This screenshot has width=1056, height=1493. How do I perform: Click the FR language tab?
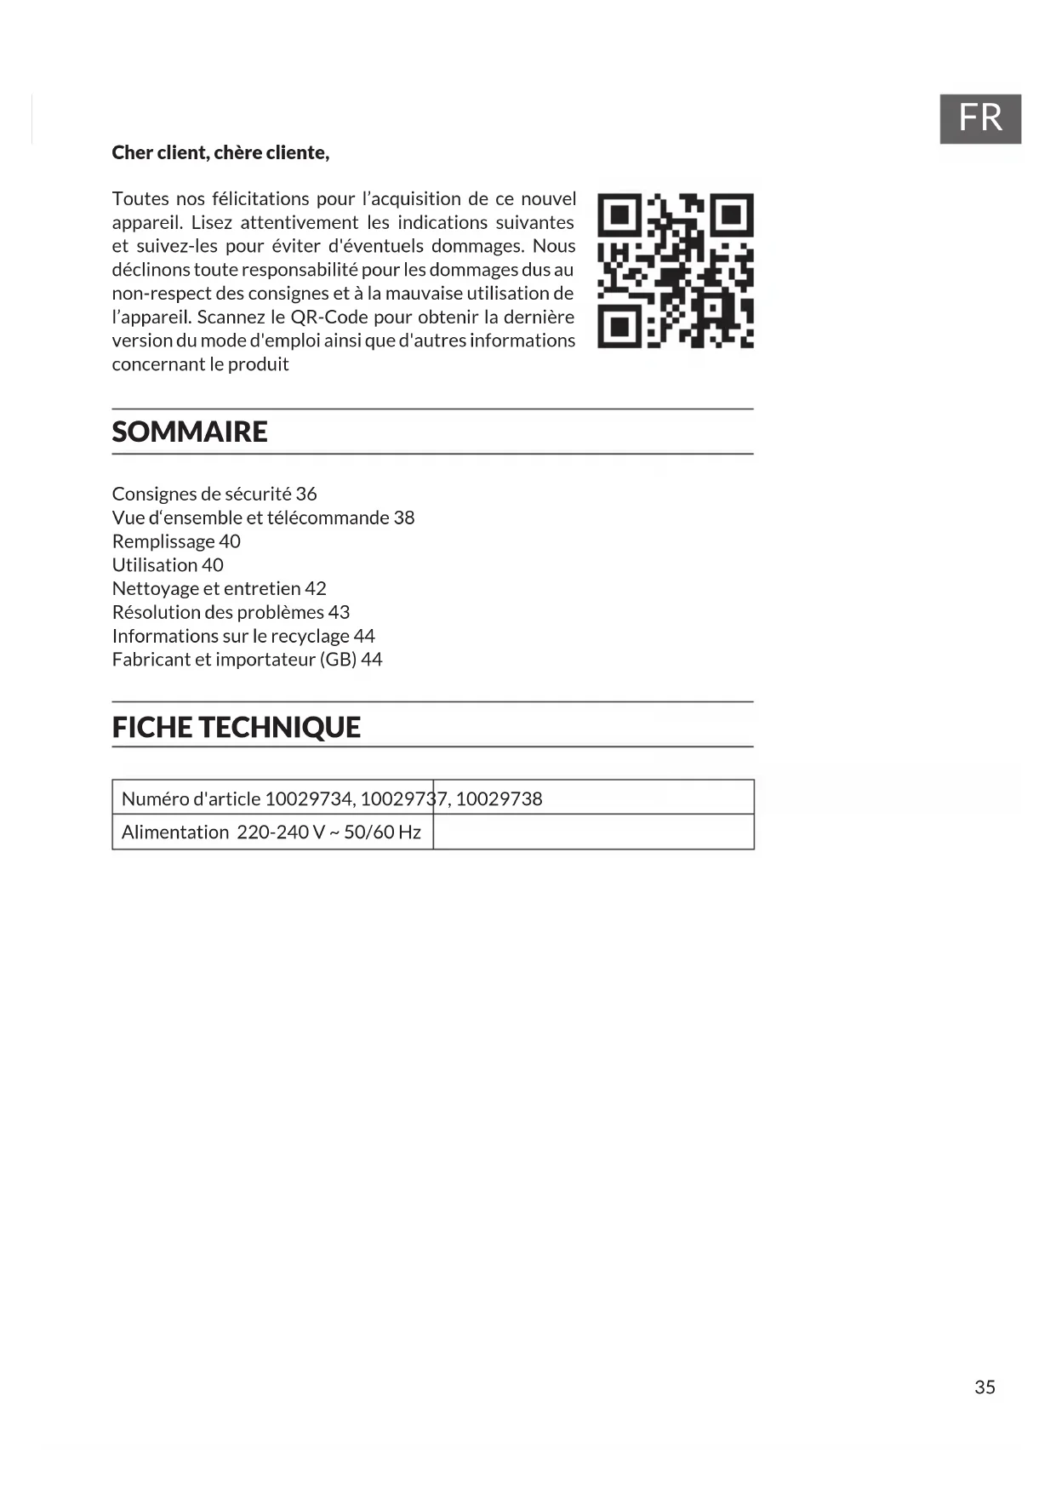point(979,118)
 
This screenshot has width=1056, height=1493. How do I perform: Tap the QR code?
point(675,271)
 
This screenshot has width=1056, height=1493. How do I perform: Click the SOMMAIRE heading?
point(190,432)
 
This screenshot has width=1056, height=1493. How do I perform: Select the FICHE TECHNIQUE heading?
point(237,727)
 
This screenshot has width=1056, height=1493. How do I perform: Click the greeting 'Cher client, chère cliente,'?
point(220,152)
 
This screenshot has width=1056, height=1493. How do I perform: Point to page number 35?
point(985,1387)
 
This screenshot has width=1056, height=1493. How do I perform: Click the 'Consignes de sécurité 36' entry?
point(214,494)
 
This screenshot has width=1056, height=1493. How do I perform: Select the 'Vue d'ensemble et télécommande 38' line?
point(263,518)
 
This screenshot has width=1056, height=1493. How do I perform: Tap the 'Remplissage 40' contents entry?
point(176,541)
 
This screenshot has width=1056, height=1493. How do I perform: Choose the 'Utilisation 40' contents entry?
point(168,565)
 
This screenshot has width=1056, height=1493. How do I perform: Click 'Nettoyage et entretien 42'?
point(219,588)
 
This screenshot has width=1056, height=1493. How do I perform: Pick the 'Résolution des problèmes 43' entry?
point(231,612)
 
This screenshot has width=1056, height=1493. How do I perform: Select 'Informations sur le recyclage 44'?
point(243,636)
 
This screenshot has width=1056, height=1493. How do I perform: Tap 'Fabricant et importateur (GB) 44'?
point(247,660)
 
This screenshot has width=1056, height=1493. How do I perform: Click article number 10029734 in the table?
point(309,798)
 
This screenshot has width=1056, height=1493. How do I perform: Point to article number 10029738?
point(499,798)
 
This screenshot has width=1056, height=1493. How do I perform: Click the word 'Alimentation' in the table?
point(175,832)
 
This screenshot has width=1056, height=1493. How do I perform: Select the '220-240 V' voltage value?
point(281,832)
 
